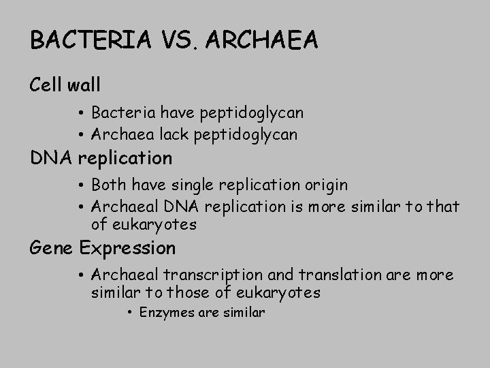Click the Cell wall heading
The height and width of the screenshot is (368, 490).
point(65,85)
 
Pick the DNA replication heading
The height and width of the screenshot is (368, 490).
point(101,158)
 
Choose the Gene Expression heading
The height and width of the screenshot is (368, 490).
point(103,248)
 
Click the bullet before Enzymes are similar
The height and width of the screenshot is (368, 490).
point(129,313)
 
